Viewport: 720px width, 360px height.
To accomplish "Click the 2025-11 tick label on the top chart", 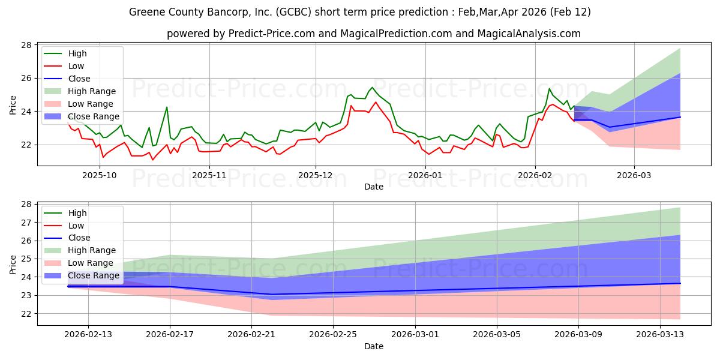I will [209, 175].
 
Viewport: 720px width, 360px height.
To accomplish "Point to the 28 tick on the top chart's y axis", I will [27, 45].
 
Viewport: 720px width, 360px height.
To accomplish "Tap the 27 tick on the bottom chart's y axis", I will [27, 223].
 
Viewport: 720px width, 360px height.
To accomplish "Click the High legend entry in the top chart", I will [76, 54].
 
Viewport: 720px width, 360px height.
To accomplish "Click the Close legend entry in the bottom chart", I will [79, 238].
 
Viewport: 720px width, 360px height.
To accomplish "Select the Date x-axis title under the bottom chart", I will [373, 347].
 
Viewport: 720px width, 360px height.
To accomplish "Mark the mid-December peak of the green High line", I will [372, 88].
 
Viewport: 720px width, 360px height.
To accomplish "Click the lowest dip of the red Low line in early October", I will [103, 157].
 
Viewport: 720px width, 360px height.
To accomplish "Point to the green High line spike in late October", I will [167, 107].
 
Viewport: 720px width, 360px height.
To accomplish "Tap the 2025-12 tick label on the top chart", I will [316, 175].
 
